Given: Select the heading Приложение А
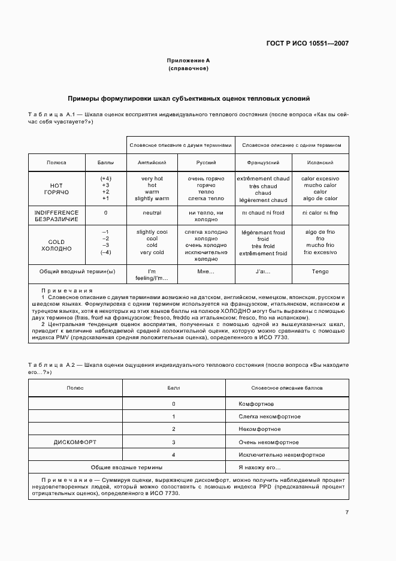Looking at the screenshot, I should (x=188, y=61).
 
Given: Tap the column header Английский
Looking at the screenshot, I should (x=152, y=162).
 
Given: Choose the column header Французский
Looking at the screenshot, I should (x=263, y=162).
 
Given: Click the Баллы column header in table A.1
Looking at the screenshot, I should (x=105, y=162).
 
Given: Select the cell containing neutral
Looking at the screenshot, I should (x=152, y=213).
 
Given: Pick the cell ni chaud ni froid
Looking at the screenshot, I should (x=263, y=213).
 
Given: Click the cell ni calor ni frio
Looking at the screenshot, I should (x=321, y=213).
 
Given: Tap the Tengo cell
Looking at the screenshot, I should (x=321, y=272).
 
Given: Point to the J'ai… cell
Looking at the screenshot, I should (x=263, y=272).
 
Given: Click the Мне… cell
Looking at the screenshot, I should (x=206, y=272).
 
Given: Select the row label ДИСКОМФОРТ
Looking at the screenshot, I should (x=75, y=442).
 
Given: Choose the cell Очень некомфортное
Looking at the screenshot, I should (x=268, y=442).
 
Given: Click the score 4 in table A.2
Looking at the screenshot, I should (x=173, y=455).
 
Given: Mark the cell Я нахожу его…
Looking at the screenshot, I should (x=260, y=467).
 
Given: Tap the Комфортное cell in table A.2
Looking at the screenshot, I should (x=256, y=404).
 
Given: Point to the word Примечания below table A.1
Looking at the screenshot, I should (x=64, y=290).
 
